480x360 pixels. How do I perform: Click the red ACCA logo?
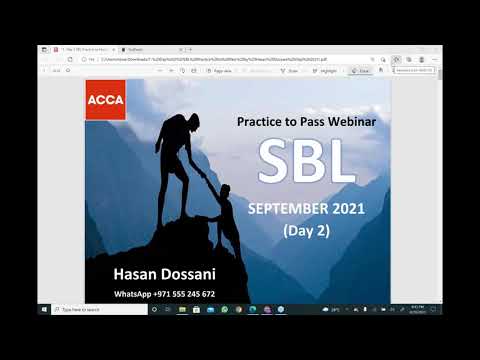pos(105,100)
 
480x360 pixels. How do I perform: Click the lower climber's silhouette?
pos(226,220)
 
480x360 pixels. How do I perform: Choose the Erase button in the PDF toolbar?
pos(362,71)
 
